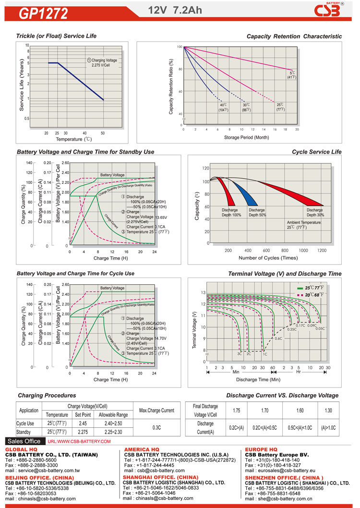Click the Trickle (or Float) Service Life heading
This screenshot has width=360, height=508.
[56, 36]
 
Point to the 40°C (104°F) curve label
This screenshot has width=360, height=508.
[223, 108]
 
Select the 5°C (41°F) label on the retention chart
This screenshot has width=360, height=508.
[292, 74]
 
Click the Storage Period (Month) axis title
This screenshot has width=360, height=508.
[246, 137]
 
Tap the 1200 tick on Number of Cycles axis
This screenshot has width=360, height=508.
[322, 251]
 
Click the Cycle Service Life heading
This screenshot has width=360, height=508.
[317, 152]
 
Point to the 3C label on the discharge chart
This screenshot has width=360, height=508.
[239, 354]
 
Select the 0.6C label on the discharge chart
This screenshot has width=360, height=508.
[278, 339]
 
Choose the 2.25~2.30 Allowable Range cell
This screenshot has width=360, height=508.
[113, 432]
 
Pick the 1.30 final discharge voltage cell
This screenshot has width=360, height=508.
[328, 411]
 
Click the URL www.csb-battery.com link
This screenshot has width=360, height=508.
[79, 441]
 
